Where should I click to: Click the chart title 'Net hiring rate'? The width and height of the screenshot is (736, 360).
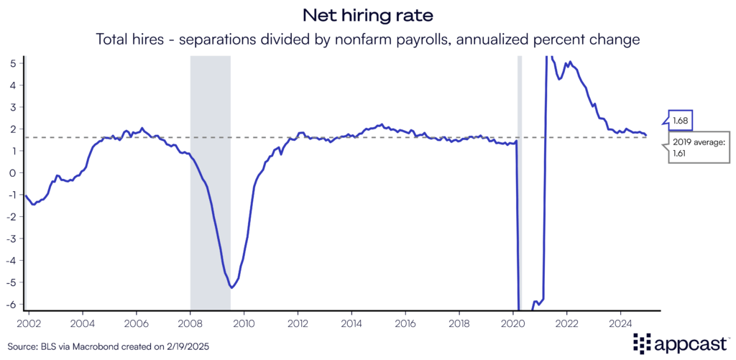click(x=367, y=15)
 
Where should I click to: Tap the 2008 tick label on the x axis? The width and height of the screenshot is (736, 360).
click(x=190, y=323)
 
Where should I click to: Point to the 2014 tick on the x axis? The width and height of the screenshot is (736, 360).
click(x=351, y=323)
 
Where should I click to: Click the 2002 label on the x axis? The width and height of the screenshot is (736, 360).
click(x=29, y=323)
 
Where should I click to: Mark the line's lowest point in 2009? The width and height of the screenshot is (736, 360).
click(x=231, y=287)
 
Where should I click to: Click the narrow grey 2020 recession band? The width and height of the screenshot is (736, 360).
click(x=520, y=180)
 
